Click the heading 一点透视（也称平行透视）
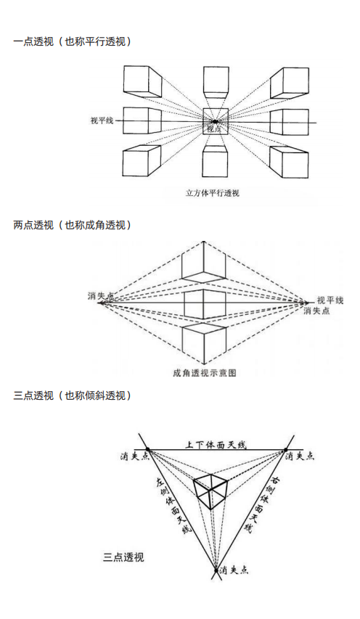(x=73, y=42)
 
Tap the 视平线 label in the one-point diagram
(x=101, y=120)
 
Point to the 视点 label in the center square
(x=215, y=128)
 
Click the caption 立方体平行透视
(x=213, y=193)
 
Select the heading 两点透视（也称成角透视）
(x=73, y=225)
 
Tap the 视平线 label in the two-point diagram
(x=330, y=300)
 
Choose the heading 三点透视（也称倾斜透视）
(x=73, y=395)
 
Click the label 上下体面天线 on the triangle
(x=215, y=443)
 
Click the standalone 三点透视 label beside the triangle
(x=123, y=557)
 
